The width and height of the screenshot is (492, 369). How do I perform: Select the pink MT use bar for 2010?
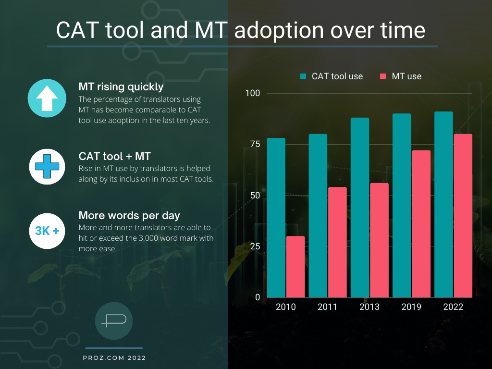295,267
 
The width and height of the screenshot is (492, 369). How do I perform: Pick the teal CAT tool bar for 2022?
443,204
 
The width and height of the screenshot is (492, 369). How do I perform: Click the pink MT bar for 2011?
337,242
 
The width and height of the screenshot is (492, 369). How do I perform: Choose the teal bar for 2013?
360,208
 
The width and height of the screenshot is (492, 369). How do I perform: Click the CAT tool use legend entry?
332,76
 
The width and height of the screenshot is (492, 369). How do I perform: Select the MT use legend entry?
401,76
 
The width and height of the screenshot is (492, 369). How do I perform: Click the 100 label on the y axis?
253,93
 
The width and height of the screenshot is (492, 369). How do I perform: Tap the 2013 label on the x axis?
369,307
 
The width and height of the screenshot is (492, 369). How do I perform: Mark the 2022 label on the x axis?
453,307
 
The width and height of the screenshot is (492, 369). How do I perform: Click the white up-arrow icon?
47,99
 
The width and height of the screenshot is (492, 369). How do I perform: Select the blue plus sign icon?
47,166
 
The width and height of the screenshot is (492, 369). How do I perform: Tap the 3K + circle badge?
47,231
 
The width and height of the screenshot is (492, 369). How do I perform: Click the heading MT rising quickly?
121,87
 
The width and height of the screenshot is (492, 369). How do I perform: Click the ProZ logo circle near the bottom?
114,321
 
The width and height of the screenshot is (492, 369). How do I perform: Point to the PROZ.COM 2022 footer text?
114,358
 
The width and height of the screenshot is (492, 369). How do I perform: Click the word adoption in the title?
274,30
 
